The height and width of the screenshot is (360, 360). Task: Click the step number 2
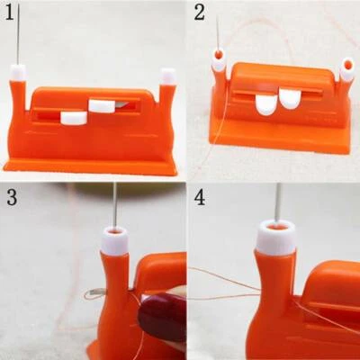click(200, 13)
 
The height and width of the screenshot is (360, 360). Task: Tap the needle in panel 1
click(17, 36)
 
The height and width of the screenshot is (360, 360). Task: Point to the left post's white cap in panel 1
click(18, 70)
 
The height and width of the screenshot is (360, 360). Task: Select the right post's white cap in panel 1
click(167, 76)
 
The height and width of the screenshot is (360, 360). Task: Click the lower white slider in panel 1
click(73, 117)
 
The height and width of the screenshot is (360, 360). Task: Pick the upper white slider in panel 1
click(102, 106)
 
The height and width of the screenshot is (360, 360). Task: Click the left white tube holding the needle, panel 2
click(219, 62)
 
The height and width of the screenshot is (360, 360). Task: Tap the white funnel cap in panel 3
click(115, 240)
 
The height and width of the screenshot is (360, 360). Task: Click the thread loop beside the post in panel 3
click(96, 293)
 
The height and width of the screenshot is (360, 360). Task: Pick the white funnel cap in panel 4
click(277, 237)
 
